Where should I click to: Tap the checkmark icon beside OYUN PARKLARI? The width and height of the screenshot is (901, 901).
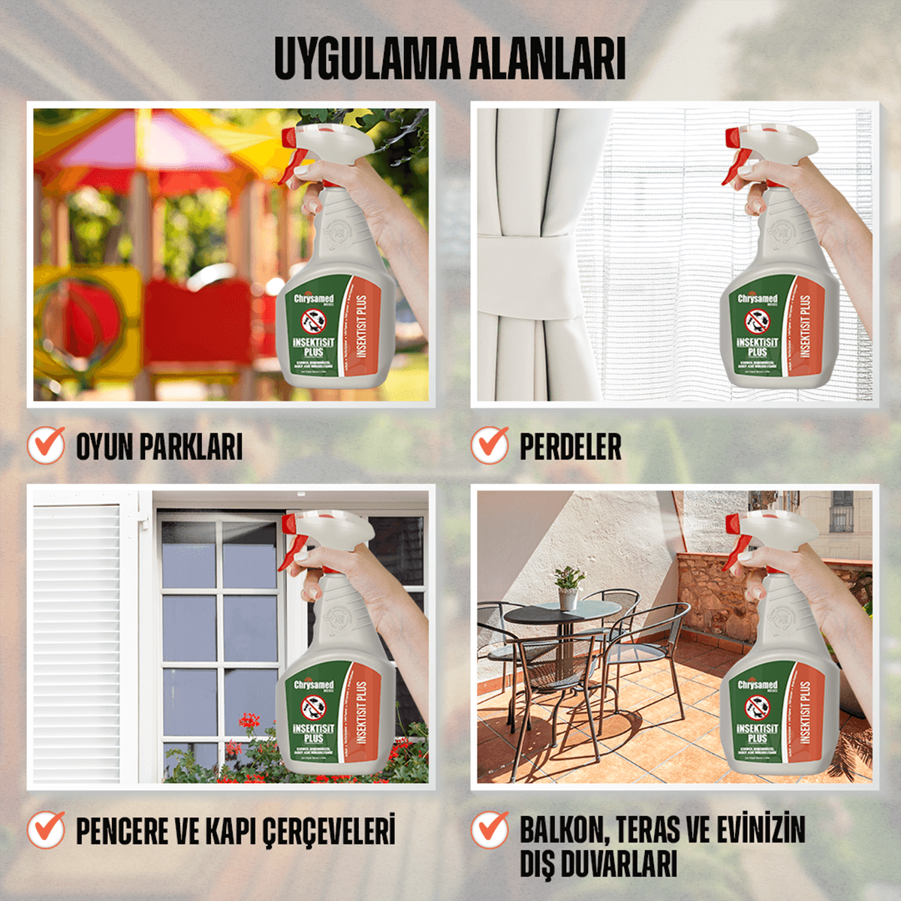point(47,444)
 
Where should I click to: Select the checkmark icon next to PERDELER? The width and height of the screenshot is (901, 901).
point(490,444)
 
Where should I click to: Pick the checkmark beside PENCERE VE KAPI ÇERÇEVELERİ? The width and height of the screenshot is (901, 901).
point(47,830)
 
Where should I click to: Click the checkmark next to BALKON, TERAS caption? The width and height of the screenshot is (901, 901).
point(490,830)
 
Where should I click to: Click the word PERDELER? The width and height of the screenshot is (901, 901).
point(571,447)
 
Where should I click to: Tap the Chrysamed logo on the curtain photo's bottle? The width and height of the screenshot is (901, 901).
point(757,299)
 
